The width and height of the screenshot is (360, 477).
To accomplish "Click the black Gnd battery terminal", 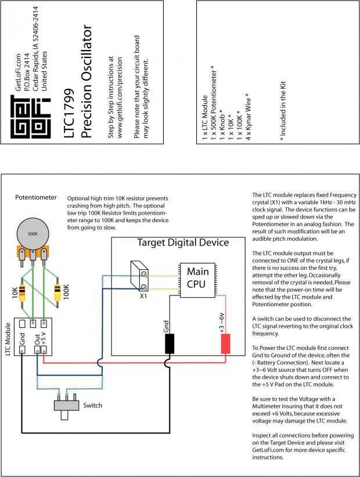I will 170,344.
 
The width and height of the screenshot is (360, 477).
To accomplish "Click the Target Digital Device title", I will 183,242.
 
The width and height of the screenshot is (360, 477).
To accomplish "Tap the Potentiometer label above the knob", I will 35,197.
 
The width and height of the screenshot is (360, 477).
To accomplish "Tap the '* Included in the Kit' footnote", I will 283,111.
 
